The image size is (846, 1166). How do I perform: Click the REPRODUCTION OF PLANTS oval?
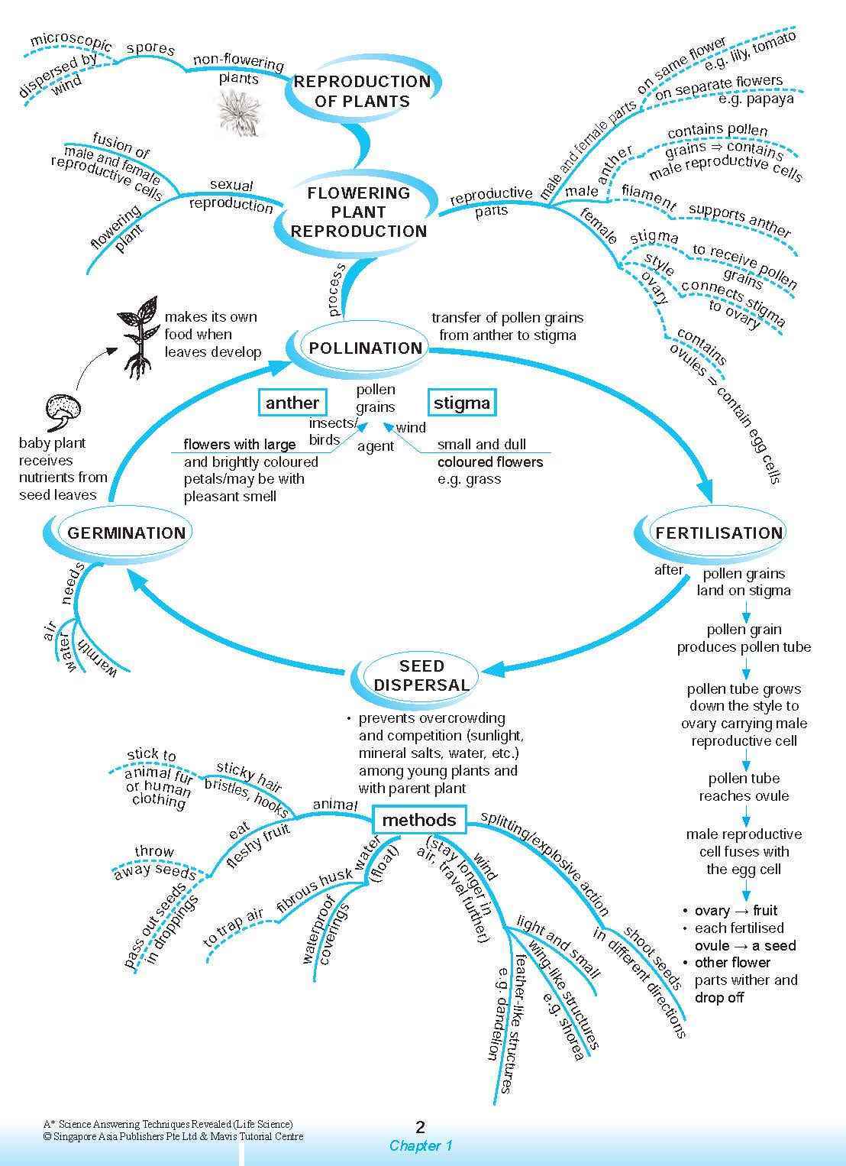(362, 92)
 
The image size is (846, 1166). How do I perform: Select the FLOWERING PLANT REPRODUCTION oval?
(359, 212)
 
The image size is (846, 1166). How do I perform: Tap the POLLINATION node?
(365, 348)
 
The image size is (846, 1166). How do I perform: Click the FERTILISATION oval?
(718, 533)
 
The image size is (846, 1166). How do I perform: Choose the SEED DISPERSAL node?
(421, 675)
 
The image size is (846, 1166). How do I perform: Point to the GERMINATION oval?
(126, 533)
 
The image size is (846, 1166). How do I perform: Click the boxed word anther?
(292, 403)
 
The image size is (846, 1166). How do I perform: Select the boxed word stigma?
(461, 403)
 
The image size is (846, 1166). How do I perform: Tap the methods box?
(418, 820)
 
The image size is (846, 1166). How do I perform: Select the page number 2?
(420, 1127)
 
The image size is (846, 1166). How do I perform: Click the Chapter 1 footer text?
(421, 1145)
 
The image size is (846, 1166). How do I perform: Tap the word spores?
(150, 49)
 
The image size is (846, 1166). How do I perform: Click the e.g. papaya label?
(756, 99)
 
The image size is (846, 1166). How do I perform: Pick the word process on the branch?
(337, 290)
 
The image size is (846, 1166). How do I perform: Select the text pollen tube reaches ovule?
(744, 787)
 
